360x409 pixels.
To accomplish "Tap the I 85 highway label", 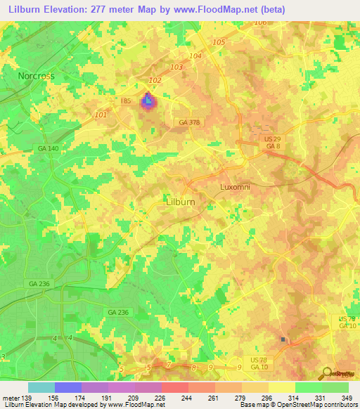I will (x=127, y=101).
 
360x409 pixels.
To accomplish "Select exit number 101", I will (x=101, y=115).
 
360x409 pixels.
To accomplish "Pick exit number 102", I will (x=155, y=81).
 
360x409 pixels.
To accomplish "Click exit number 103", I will (x=176, y=67).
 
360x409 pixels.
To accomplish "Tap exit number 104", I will (x=195, y=56).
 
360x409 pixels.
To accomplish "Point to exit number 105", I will (x=219, y=42).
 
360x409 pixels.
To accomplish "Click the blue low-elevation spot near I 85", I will (x=148, y=103).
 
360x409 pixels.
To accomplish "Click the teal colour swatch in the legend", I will (x=41, y=387).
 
